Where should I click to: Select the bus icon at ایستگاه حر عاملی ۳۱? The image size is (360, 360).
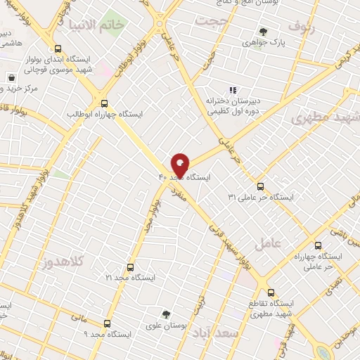[x=261, y=186]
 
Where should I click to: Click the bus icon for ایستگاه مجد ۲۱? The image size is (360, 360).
[x=130, y=267]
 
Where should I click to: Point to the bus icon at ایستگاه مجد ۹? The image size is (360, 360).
[x=107, y=323]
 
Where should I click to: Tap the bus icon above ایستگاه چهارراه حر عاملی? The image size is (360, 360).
[x=319, y=246]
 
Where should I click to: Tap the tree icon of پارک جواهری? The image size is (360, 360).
[x=263, y=32]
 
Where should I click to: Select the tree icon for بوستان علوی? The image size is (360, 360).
[x=167, y=314]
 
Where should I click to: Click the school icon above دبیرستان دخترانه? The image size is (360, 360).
[x=233, y=89]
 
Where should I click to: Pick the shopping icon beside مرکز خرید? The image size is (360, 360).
[x=11, y=77]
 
